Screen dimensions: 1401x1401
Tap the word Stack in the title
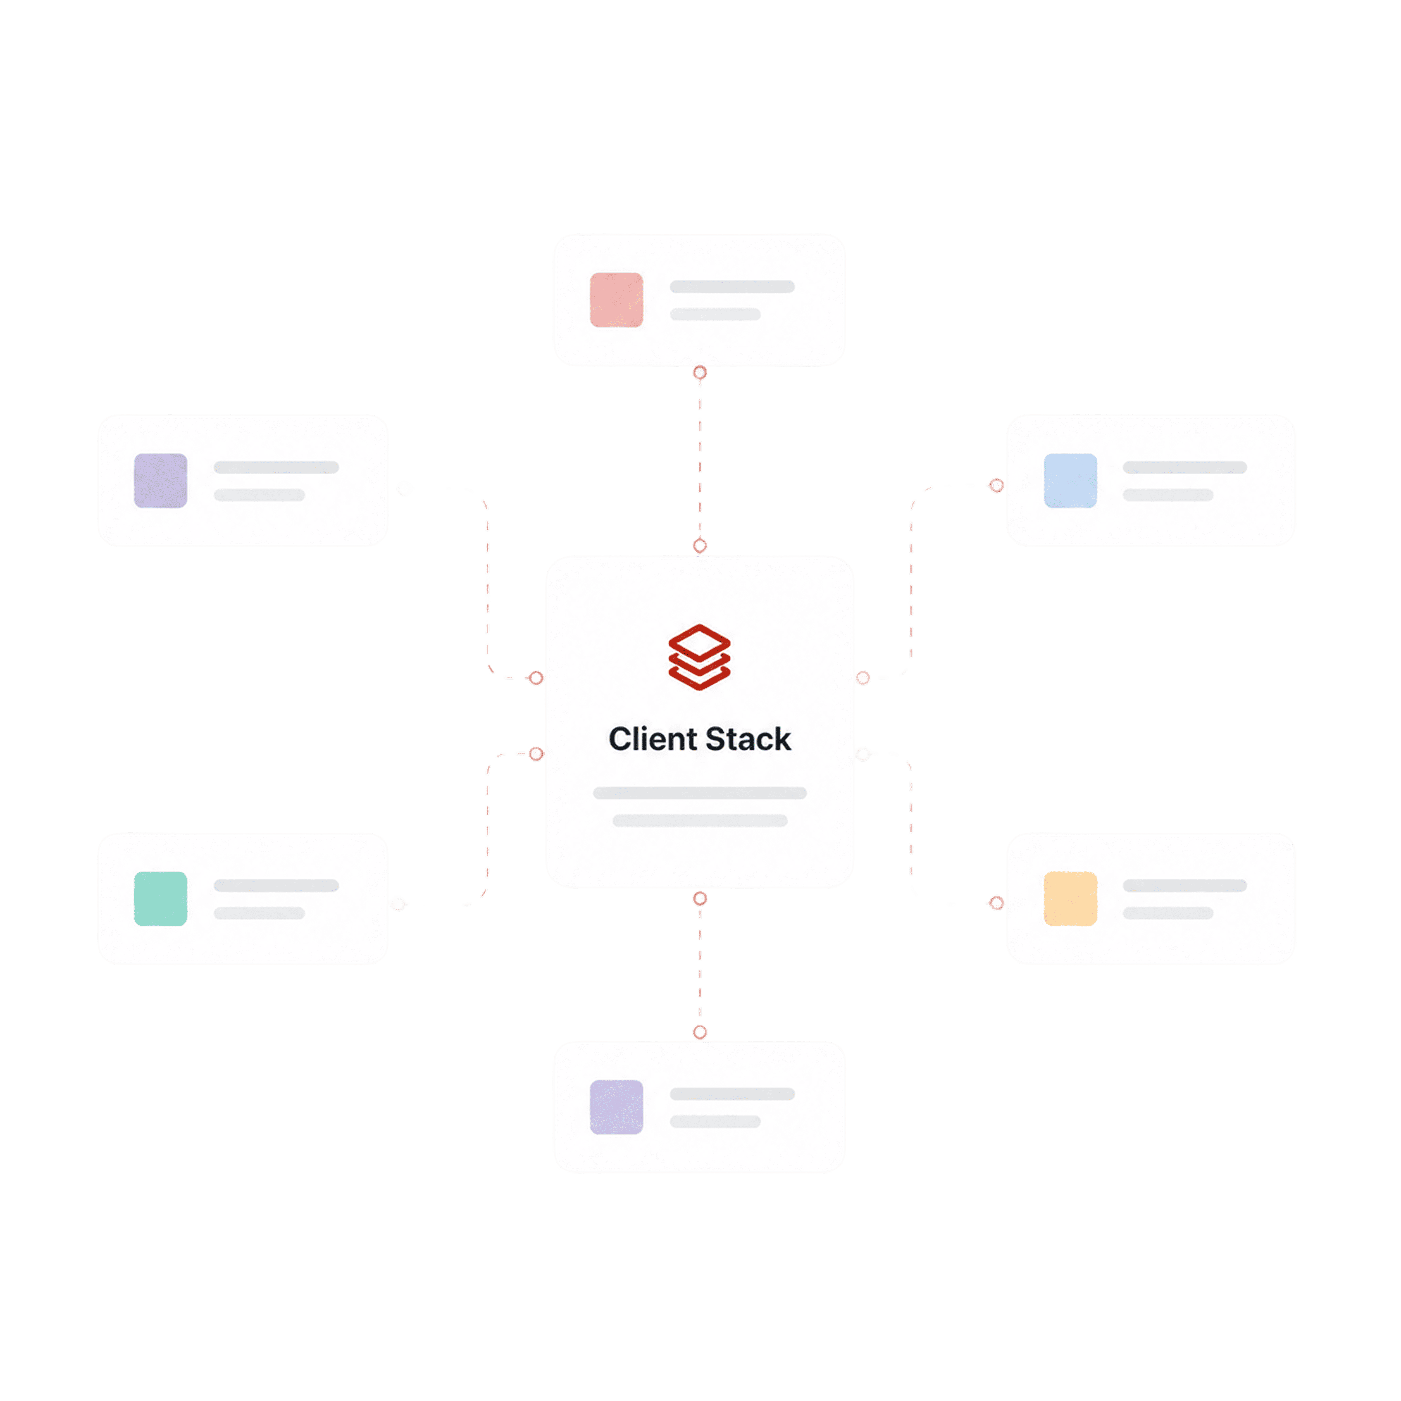[748, 739]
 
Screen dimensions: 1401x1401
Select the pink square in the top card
[616, 299]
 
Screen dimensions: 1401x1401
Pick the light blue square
[1070, 480]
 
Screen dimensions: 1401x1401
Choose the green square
[160, 899]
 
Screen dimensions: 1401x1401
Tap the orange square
[1070, 899]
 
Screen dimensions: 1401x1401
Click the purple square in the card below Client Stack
[616, 1107]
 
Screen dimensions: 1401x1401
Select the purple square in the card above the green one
[160, 480]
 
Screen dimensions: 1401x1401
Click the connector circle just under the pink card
[700, 373]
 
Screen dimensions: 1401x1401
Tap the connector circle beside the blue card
[996, 485]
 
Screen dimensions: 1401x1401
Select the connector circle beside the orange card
[996, 903]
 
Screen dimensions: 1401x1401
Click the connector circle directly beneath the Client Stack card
[700, 899]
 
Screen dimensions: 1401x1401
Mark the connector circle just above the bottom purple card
[700, 1032]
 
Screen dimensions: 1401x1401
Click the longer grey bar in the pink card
[732, 287]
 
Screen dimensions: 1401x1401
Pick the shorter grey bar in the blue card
[1168, 495]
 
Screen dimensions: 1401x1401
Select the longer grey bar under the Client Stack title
[700, 793]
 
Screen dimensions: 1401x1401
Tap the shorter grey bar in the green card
[259, 913]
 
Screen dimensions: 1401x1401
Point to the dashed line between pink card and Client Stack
[700, 459]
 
